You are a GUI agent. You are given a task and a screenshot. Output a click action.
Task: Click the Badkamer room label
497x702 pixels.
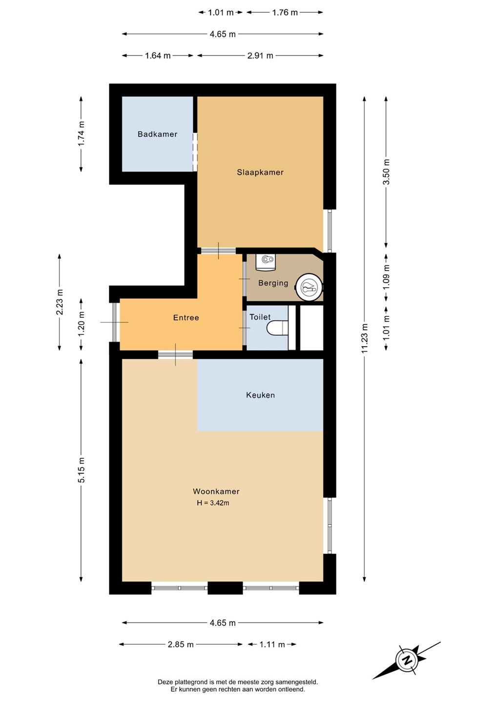click(x=157, y=134)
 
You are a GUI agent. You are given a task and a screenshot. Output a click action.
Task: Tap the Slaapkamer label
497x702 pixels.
click(x=260, y=172)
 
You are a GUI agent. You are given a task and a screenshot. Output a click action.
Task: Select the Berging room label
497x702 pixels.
click(x=273, y=283)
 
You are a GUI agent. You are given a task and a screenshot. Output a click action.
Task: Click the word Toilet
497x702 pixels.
click(x=260, y=317)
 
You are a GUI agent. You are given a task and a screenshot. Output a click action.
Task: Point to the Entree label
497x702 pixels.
click(x=186, y=317)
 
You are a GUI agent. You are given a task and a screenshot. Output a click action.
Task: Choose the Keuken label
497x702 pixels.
click(x=260, y=395)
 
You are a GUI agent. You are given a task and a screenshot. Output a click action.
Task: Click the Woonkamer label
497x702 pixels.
click(x=216, y=491)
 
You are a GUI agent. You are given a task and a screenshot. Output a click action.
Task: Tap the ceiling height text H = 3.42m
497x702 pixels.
click(x=213, y=503)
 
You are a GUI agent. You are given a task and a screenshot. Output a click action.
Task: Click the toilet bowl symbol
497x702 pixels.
click(x=277, y=328)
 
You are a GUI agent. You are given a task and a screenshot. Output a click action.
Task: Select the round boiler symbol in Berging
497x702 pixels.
click(x=310, y=287)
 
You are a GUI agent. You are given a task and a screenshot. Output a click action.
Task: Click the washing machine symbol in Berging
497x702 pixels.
click(x=266, y=262)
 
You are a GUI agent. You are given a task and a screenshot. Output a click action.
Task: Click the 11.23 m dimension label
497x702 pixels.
click(x=364, y=338)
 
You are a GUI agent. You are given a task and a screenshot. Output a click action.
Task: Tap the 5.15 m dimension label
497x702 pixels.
click(x=81, y=470)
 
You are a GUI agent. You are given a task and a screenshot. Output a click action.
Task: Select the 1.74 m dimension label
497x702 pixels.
click(x=81, y=134)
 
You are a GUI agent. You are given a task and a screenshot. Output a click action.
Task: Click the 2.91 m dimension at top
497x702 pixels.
click(x=260, y=56)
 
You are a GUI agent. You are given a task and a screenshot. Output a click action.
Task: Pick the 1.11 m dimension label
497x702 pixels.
click(x=272, y=644)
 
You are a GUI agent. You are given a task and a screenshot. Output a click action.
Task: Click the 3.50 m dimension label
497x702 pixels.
click(x=386, y=172)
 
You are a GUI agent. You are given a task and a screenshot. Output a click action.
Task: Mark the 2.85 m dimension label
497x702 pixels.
click(x=181, y=644)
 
